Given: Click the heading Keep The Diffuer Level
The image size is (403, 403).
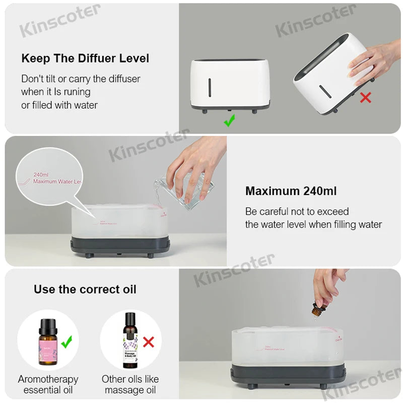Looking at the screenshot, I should point(85,58).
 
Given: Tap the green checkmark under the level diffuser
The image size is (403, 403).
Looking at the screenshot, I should point(229,120).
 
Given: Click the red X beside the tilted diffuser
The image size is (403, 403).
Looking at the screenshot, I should point(365,97).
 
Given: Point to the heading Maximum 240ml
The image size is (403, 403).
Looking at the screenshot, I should point(291,191).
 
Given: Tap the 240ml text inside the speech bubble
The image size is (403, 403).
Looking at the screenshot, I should point(40,174).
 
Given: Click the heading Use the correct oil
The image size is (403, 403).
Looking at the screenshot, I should point(85,289).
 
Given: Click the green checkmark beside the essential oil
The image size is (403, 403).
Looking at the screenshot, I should point(66,343).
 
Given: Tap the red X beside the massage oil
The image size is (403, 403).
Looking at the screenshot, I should point(148,343).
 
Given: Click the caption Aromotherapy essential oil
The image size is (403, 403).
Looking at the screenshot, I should point(48,384).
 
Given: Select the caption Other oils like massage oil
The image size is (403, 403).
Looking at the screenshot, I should point(130,384).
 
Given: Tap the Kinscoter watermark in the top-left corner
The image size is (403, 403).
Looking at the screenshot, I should point(59,21).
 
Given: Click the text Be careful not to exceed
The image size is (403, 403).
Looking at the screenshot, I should point(297,211).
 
